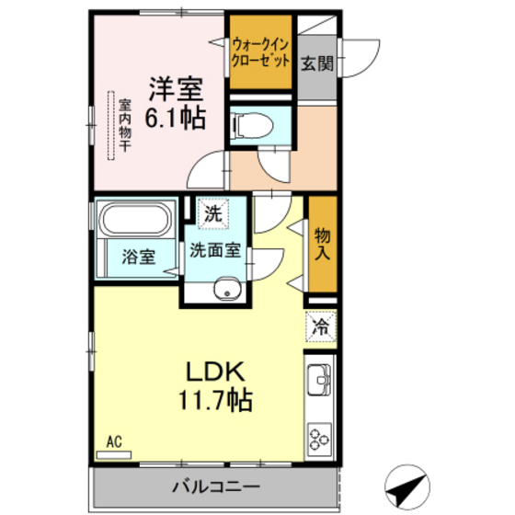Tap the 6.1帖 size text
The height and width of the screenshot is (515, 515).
pos(173,118)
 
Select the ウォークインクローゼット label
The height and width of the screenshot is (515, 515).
pos(261,50)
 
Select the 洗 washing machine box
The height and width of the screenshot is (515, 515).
pos(213,212)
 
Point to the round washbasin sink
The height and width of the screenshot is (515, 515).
pos(225,292)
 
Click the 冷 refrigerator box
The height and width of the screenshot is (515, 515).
pos(322,326)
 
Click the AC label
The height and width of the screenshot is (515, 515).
pos(115,441)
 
